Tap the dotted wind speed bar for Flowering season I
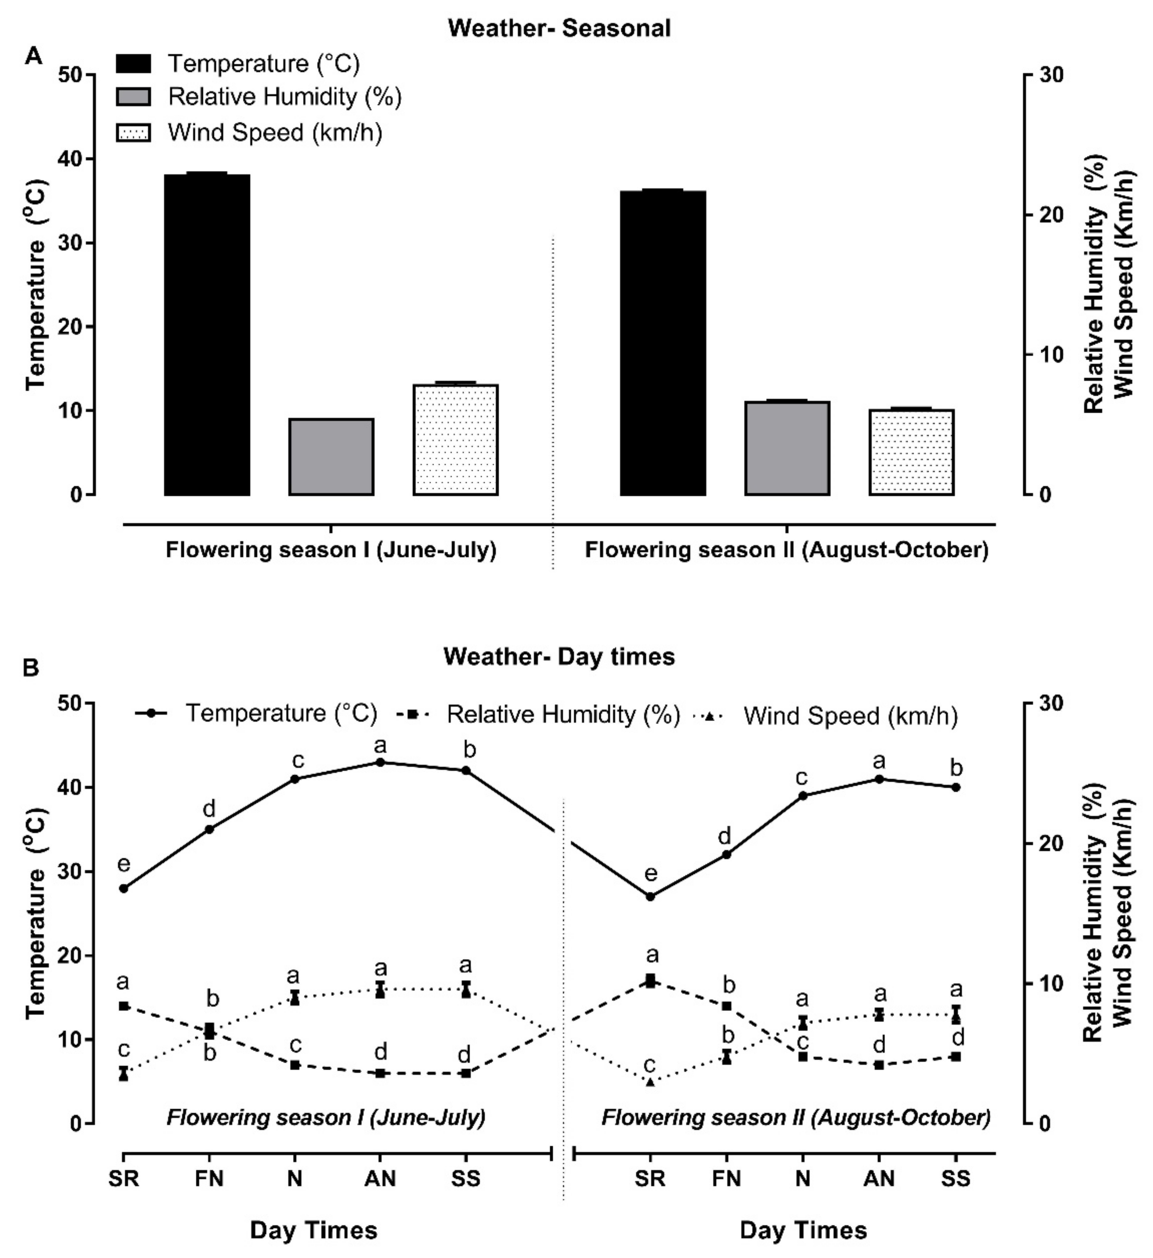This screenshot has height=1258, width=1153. point(455,440)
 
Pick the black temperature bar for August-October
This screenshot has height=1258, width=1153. point(663,343)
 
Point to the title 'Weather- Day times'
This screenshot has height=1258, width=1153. point(559,657)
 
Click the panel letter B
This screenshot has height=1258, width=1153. point(31,668)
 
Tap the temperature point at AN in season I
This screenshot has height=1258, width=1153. point(380,762)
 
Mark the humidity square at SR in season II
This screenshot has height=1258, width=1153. point(650,981)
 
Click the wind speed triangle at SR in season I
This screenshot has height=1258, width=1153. point(124,1075)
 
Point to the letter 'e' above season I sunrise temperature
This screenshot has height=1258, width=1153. point(124,864)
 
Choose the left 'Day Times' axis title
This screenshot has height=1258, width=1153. point(314,1230)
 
